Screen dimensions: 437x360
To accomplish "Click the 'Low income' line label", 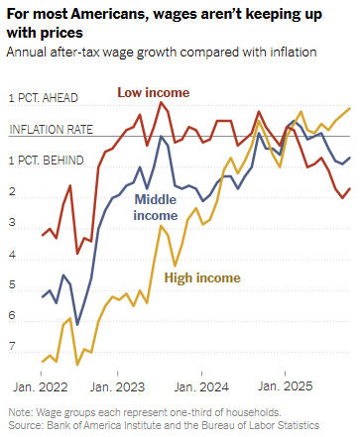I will (153, 92).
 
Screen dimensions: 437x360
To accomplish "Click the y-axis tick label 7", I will (13, 348).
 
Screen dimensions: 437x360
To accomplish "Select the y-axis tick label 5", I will (13, 285).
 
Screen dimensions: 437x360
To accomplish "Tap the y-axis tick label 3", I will (13, 223).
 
